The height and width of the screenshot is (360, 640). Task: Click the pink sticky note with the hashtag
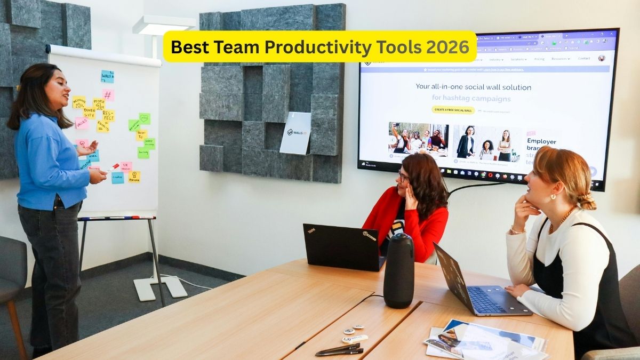108,95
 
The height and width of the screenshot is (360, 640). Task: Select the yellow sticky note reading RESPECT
108,115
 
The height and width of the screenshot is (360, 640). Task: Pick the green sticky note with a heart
145,118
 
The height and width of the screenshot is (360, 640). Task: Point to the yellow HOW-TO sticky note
141,135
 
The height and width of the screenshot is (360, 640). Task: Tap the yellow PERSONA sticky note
134,177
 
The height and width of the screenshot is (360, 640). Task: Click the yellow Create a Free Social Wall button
453,110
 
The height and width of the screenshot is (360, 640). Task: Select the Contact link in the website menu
584,59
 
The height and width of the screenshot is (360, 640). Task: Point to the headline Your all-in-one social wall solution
473,87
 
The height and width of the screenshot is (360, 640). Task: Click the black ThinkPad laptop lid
341,247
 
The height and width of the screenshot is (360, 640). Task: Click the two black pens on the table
339,349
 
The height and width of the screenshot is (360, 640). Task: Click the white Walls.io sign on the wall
295,133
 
